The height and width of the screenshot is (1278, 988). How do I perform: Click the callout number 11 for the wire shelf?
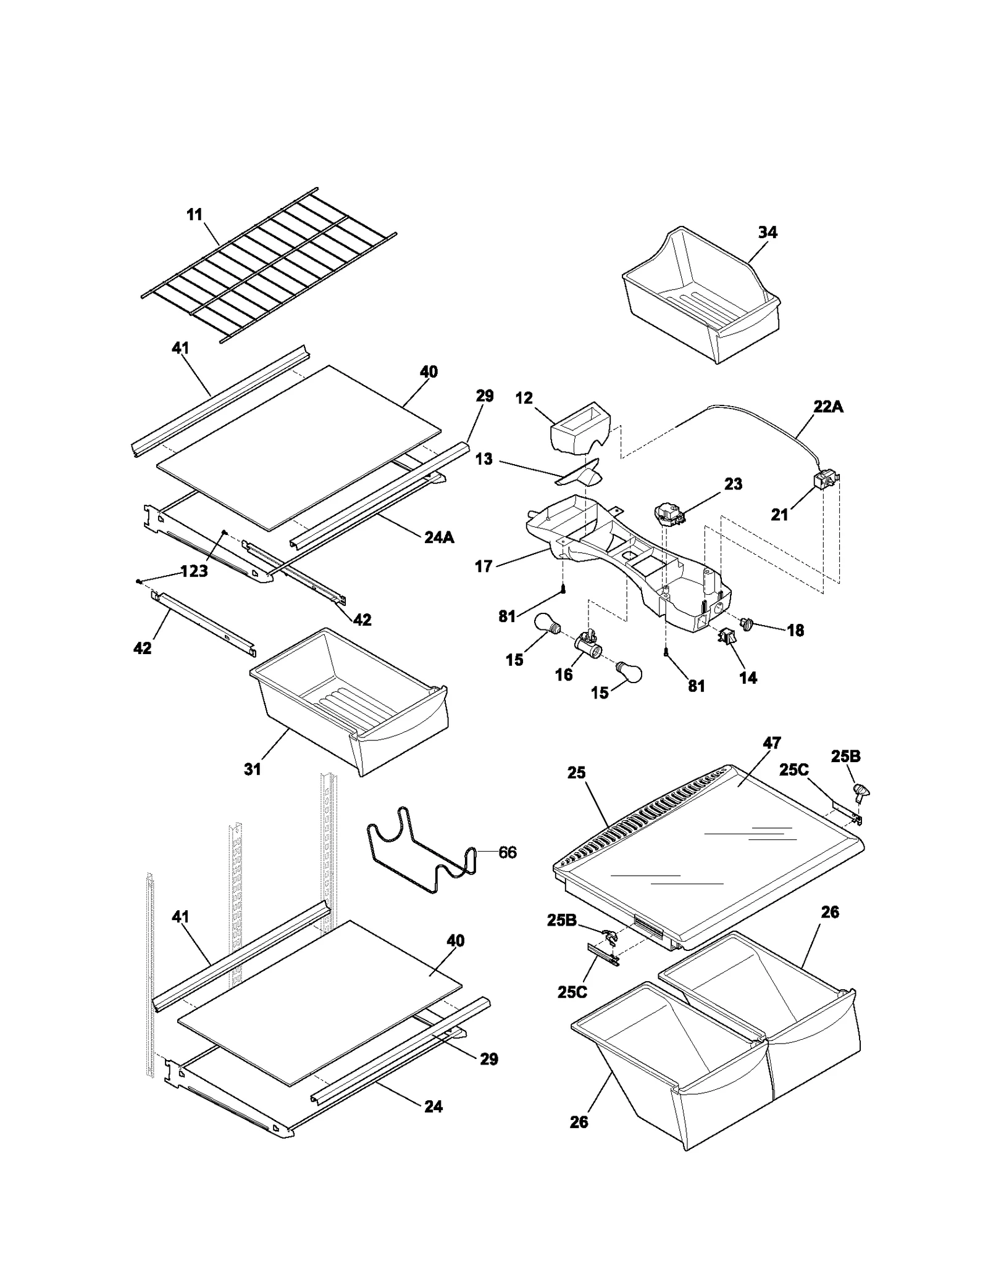[x=195, y=215]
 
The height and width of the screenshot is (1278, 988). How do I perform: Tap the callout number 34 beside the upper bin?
[x=768, y=233]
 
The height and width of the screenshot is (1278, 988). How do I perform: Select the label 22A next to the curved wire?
[x=828, y=407]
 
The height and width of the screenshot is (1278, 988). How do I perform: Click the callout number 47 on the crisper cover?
[x=772, y=743]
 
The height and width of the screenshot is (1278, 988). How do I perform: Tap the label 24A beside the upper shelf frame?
[x=439, y=537]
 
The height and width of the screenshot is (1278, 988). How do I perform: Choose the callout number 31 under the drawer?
[x=253, y=769]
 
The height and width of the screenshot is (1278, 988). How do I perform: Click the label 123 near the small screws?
[x=195, y=571]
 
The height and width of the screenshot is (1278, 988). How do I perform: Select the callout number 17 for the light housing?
[x=484, y=566]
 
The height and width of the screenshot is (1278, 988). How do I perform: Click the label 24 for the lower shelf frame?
[x=433, y=1107]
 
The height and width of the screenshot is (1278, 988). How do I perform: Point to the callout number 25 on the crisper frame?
[x=576, y=773]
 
